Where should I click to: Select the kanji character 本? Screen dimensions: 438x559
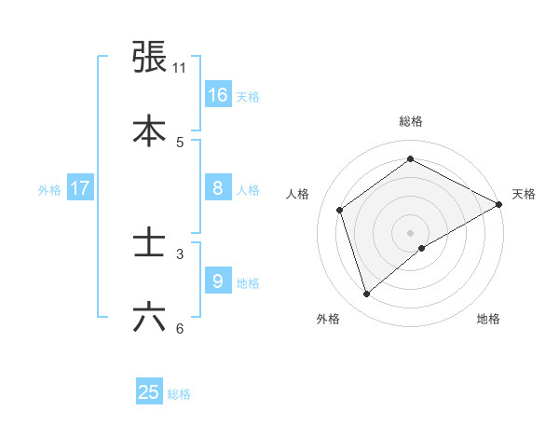pyautogui.click(x=150, y=130)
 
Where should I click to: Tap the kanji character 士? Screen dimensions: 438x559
pyautogui.click(x=150, y=243)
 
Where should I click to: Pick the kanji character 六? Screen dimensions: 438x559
pyautogui.click(x=150, y=317)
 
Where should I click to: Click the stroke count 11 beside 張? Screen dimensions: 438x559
pyautogui.click(x=180, y=68)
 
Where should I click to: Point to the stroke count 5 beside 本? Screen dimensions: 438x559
pyautogui.click(x=180, y=143)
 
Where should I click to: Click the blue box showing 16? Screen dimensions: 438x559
pyautogui.click(x=217, y=94)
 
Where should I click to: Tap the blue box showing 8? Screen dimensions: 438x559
pyautogui.click(x=217, y=188)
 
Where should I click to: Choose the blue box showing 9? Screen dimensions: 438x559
pyautogui.click(x=217, y=281)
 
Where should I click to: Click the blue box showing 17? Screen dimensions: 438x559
pyautogui.click(x=80, y=188)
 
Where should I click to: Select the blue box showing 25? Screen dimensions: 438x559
pyautogui.click(x=149, y=392)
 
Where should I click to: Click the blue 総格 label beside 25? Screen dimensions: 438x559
pyautogui.click(x=179, y=394)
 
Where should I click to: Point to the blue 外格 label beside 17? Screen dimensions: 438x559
pyautogui.click(x=49, y=190)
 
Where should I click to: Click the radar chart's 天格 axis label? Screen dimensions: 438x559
pyautogui.click(x=524, y=194)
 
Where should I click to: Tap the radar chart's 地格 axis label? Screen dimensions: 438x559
pyautogui.click(x=488, y=320)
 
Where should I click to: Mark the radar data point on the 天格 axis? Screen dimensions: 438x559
pyautogui.click(x=499, y=204)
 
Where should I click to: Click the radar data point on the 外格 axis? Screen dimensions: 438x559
pyautogui.click(x=366, y=294)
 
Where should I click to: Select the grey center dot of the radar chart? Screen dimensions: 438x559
pyautogui.click(x=411, y=232)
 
